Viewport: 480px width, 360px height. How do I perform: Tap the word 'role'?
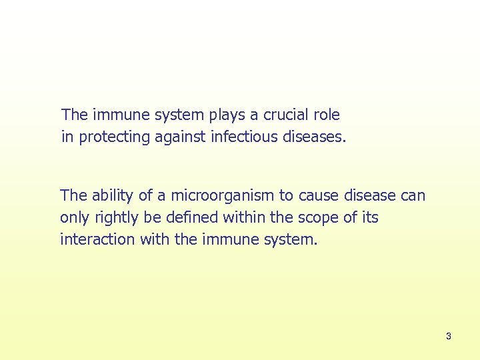coord(327,115)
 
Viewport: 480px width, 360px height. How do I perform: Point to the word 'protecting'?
coord(111,137)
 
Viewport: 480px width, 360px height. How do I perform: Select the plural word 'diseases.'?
coord(314,137)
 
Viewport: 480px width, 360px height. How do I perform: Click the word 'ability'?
coord(113,195)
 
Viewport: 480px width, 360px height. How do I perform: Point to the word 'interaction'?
coord(97,239)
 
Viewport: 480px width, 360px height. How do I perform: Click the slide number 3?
coord(448,336)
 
